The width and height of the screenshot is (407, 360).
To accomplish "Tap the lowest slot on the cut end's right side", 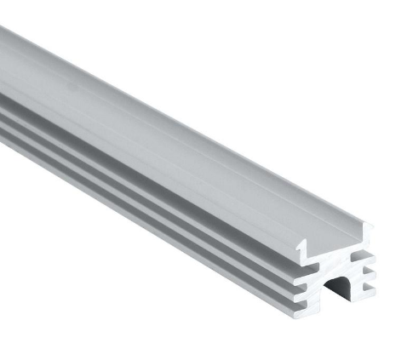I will (367, 288).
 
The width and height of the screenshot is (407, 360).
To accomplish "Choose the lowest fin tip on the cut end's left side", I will (305, 310).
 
